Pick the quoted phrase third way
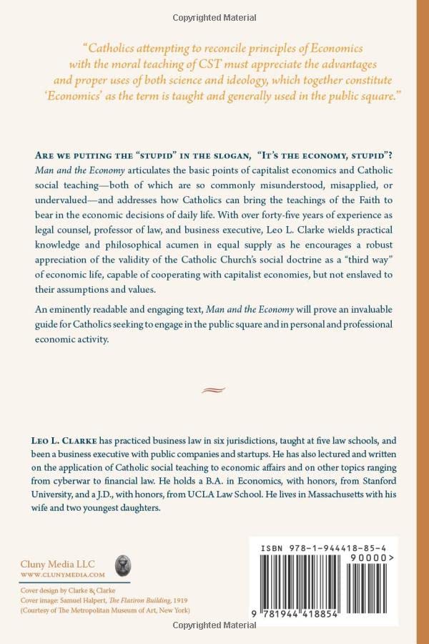370,255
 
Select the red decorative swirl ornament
214,390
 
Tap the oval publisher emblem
122,567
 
